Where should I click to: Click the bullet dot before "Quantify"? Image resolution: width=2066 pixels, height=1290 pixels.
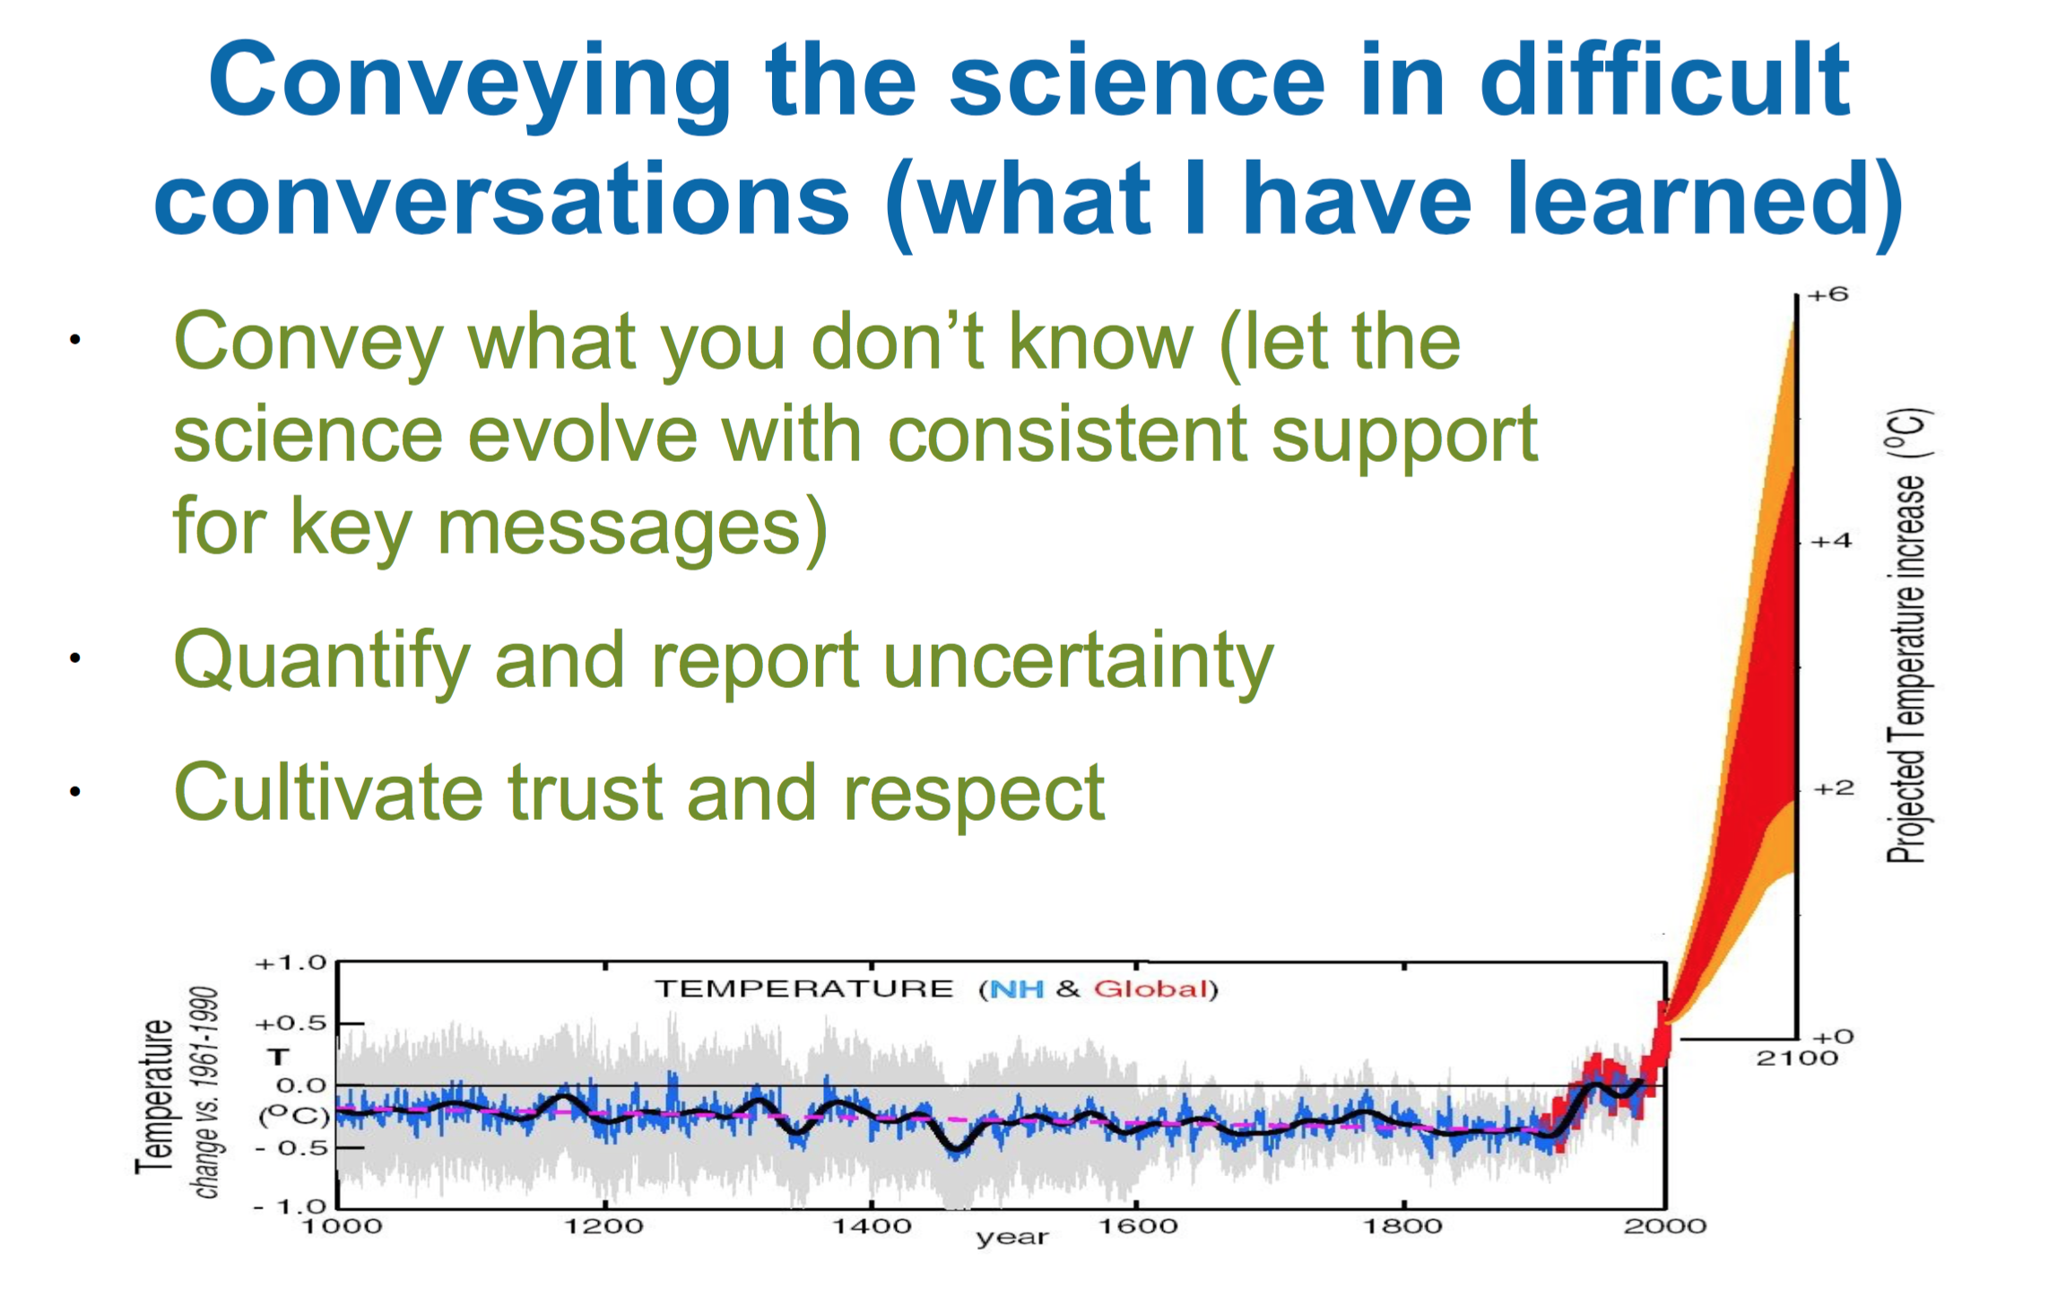[75, 658]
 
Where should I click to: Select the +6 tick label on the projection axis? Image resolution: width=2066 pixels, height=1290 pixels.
[1827, 294]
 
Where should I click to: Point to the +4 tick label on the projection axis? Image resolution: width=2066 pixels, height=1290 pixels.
[1830, 541]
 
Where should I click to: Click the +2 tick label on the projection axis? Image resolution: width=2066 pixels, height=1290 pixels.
[1833, 789]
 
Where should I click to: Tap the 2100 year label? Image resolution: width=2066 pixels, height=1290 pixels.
[1796, 1058]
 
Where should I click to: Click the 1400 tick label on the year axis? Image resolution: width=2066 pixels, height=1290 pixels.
[872, 1225]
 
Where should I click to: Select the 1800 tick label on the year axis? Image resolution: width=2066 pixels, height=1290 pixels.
[1402, 1225]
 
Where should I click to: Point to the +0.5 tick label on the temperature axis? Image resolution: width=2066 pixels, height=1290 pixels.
[291, 1024]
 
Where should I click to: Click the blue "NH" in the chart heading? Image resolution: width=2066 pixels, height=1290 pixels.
[1018, 989]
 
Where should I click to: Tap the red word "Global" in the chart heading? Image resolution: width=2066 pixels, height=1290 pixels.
[1150, 989]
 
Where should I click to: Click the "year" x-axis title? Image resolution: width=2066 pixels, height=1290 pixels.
[1011, 1238]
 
